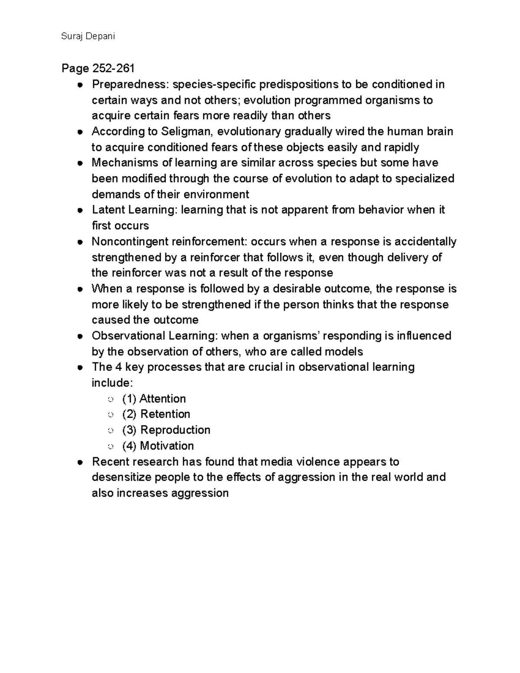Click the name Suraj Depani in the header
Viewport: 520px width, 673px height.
88,36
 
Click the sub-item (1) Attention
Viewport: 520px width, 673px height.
154,399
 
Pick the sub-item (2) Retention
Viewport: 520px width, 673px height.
156,414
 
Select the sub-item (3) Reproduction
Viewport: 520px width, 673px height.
166,430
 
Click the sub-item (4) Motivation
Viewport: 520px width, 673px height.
158,446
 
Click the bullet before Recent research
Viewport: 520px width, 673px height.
80,462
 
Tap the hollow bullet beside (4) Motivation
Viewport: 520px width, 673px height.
110,446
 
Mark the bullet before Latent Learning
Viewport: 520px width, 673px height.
80,211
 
